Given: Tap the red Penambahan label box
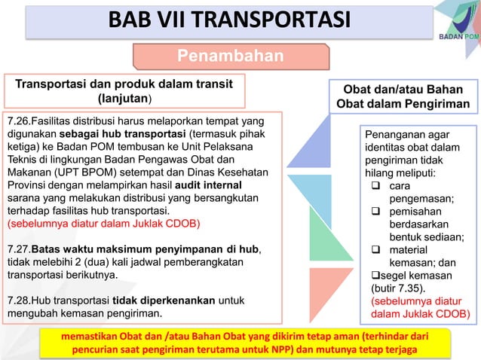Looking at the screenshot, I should click(231, 56).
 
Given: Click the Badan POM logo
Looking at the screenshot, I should click(455, 23).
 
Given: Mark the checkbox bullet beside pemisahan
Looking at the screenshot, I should click(375, 212).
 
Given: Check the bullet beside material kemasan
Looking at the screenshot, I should click(375, 250).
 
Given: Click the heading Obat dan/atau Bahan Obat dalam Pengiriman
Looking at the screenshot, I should click(403, 97).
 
